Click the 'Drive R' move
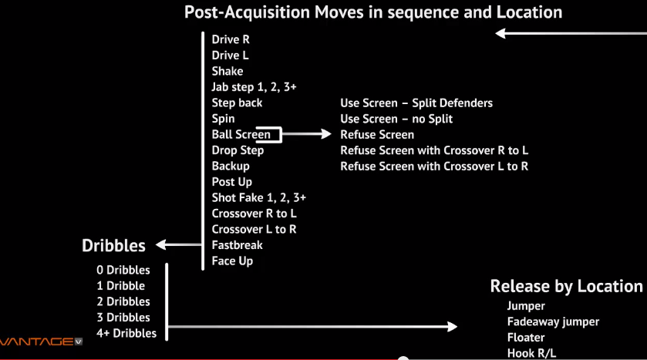pos(231,39)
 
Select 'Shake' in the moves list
pos(227,72)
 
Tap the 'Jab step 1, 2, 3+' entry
pos(254,87)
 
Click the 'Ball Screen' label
pos(241,134)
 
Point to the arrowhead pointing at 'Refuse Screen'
pos(326,133)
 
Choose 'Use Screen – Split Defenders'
pos(416,103)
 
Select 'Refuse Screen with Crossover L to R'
pos(434,167)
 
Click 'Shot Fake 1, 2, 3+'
pos(258,198)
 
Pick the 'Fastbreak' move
pos(237,245)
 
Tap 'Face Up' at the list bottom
pos(232,261)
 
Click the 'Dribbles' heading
pos(113,246)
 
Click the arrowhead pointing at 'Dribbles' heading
pos(161,245)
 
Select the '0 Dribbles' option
pos(123,270)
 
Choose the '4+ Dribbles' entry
pos(126,333)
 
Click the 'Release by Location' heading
pos(566,287)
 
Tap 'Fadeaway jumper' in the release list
pos(553,321)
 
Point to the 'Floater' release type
pos(526,338)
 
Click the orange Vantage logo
pos(41,341)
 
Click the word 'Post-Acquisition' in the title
pos(247,12)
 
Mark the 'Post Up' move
pos(231,182)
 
